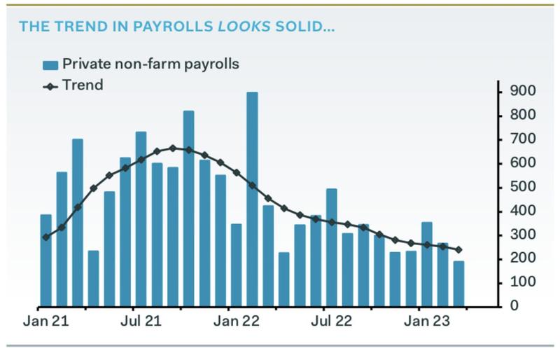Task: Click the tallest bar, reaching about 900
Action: click(x=252, y=200)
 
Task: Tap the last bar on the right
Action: click(x=458, y=284)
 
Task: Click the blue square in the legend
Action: click(x=50, y=65)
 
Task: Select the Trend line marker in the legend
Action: click(x=50, y=86)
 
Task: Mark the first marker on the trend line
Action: click(x=46, y=237)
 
